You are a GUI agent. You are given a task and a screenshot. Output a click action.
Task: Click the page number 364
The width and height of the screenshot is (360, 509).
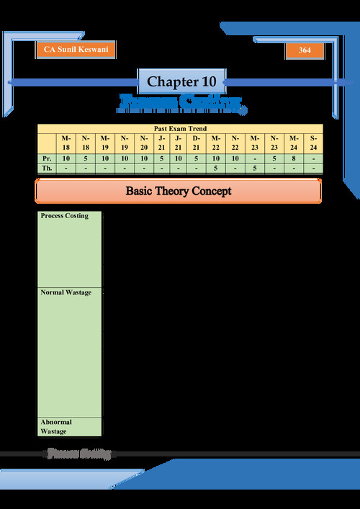[x=305, y=50]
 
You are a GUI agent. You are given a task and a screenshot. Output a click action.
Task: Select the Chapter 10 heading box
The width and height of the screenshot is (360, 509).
[x=181, y=81]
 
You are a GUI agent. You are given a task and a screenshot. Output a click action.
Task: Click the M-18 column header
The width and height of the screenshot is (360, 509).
[x=66, y=142]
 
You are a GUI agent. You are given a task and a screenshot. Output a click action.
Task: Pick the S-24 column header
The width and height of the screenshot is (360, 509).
[x=313, y=142]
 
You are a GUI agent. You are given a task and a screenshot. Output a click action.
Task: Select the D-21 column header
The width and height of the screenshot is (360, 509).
[x=197, y=142]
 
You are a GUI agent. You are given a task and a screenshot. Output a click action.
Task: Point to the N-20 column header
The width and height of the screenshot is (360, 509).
[x=143, y=142]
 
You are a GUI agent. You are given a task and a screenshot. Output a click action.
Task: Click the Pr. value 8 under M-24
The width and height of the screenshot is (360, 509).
[x=294, y=157]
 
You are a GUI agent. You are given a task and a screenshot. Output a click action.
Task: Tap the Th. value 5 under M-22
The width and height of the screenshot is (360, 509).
[x=216, y=168]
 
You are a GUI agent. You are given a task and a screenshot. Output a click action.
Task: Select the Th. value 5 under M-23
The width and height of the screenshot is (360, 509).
[x=254, y=168]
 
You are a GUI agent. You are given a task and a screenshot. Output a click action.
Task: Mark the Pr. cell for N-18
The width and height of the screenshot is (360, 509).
[x=86, y=157]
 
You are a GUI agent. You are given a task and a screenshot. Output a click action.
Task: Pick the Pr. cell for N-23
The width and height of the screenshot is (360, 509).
[x=274, y=157]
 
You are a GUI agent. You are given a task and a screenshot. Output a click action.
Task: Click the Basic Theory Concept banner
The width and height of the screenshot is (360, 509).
[x=179, y=192]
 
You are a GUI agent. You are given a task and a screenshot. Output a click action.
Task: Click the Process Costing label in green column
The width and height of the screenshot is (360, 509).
[x=65, y=216]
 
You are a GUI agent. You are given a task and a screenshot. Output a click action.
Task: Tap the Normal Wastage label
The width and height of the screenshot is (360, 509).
[x=66, y=293]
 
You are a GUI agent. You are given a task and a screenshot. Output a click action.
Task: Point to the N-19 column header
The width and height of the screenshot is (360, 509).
[x=125, y=142]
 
